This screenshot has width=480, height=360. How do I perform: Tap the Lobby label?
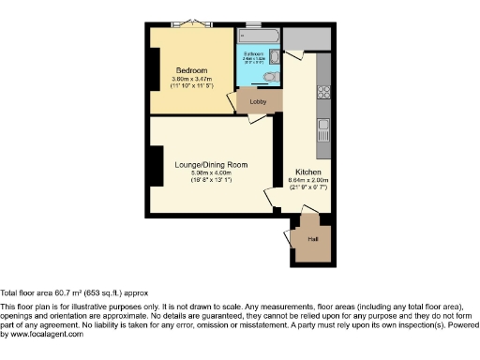(258, 101)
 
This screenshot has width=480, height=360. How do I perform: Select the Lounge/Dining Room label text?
(210, 165)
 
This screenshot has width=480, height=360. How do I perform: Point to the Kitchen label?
(308, 173)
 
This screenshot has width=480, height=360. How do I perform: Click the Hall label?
(312, 239)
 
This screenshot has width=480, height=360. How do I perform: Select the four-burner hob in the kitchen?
(323, 92)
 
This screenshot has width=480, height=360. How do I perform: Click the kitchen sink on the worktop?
(323, 123)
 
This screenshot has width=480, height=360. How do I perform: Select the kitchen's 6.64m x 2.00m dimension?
(308, 185)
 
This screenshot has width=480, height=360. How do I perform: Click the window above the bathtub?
(254, 25)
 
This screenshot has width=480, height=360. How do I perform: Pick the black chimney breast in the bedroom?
(154, 67)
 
